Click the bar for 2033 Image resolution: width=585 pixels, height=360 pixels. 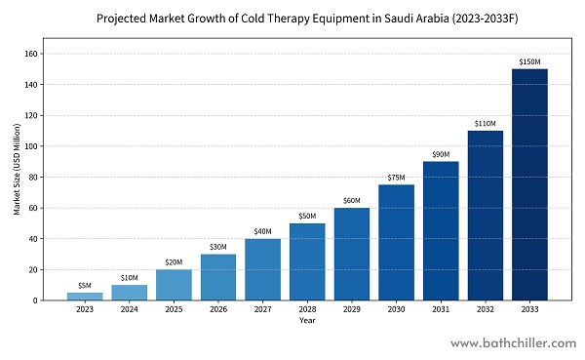tap(529, 184)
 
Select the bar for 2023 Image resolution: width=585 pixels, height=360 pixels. tap(85, 296)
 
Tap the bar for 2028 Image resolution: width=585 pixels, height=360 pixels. tap(307, 261)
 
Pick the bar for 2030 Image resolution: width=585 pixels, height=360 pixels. tap(396, 242)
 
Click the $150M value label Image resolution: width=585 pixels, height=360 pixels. tap(529, 61)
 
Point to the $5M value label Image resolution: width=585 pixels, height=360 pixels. tap(85, 285)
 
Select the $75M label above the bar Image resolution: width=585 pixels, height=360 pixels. tap(396, 178)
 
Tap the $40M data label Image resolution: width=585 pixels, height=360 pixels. tap(263, 231)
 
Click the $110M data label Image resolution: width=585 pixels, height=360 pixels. tap(486, 123)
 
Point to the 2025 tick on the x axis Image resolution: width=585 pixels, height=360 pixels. tap(174, 310)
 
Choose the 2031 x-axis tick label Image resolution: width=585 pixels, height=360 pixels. tap(441, 310)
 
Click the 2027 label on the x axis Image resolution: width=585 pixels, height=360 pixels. tap(263, 310)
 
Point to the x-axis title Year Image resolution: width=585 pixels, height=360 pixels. tap(307, 321)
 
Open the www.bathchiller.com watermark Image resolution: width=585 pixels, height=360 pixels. tap(512, 344)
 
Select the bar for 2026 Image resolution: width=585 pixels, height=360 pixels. tap(218, 277)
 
